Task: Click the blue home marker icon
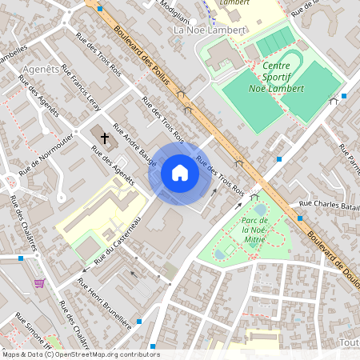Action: (180, 173)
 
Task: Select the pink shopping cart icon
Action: (39, 283)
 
